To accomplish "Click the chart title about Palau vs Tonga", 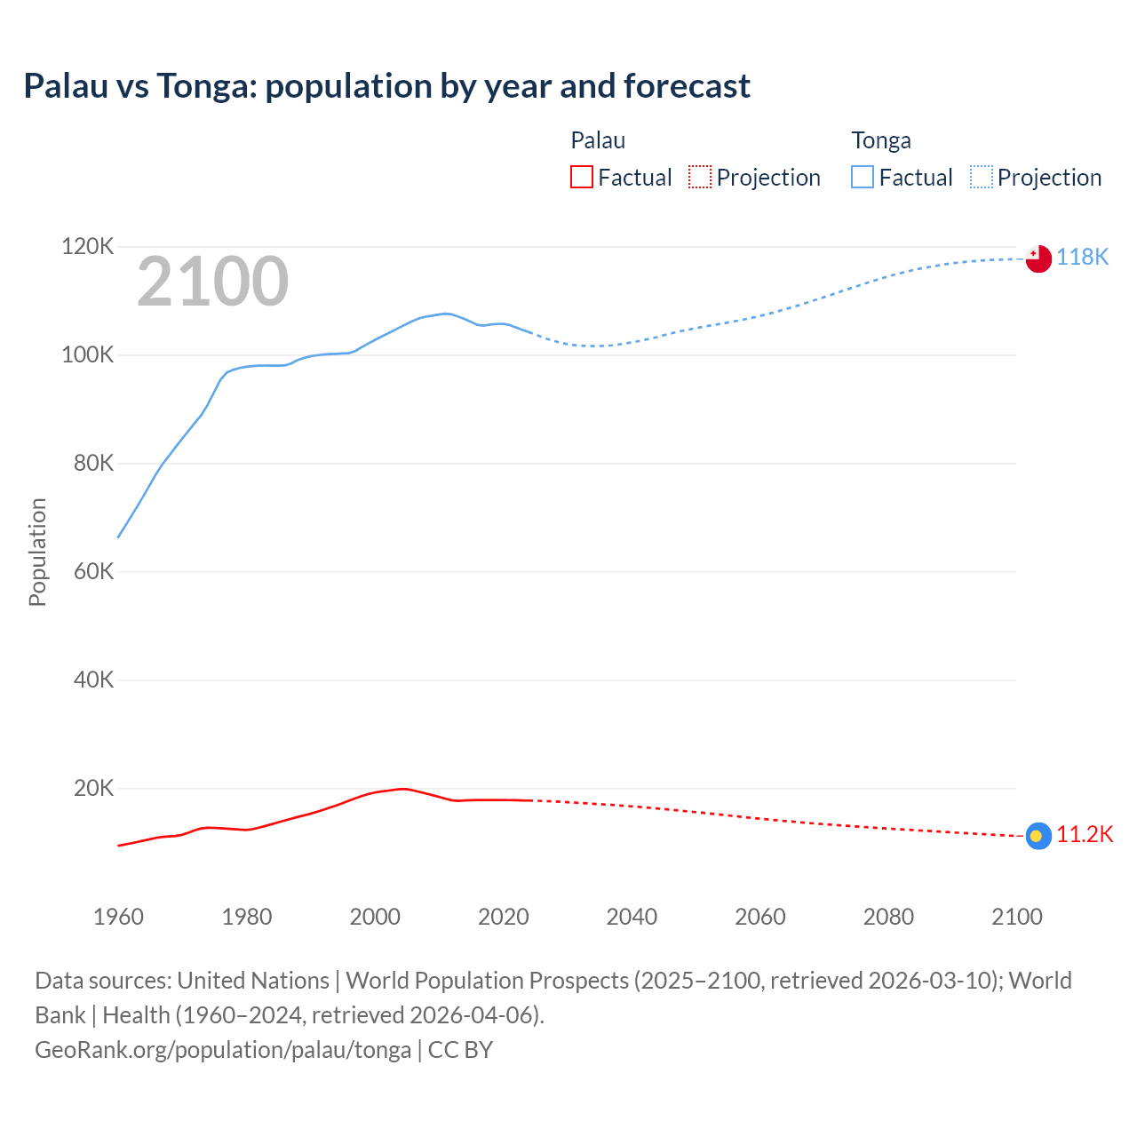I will tap(386, 86).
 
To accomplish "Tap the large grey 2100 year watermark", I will tap(212, 282).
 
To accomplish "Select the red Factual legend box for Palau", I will tap(581, 178).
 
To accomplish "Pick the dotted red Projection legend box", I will tap(700, 178).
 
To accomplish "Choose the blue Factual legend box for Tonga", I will tap(863, 178).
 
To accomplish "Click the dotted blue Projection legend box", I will tap(982, 178).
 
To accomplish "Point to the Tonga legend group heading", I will tap(881, 140).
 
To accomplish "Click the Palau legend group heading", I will tap(598, 140).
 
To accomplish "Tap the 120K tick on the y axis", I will tap(87, 246).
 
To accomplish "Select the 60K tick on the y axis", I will tap(92, 571).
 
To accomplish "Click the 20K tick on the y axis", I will tap(92, 788).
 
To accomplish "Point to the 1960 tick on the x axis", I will tap(118, 917).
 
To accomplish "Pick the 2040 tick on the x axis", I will tap(632, 917).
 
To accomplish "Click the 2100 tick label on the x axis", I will tap(1016, 917).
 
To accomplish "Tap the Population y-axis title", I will tap(37, 552).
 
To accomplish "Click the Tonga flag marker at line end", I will tap(1038, 258).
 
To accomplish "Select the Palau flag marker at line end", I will tap(1038, 836).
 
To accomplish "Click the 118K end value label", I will tap(1082, 257).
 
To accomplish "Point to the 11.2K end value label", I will tap(1084, 834).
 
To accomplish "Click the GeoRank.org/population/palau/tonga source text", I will tap(223, 1050).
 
